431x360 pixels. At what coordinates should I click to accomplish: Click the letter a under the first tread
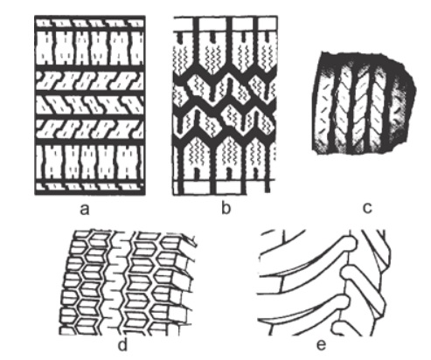click(x=84, y=209)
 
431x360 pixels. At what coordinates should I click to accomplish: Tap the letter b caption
click(x=226, y=207)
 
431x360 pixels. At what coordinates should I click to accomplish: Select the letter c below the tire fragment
click(x=368, y=208)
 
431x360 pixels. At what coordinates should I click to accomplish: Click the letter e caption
click(x=321, y=344)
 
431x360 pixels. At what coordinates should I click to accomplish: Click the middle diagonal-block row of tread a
click(x=90, y=105)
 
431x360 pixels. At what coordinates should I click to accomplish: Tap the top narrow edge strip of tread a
click(x=90, y=23)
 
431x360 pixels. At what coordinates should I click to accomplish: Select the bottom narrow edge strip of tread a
click(x=90, y=186)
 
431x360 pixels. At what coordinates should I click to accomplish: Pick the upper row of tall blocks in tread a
click(x=90, y=48)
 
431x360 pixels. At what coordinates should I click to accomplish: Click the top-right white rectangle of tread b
click(x=268, y=24)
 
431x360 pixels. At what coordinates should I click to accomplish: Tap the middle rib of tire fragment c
click(x=363, y=107)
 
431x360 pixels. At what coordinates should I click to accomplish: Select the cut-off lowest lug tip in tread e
click(x=339, y=329)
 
